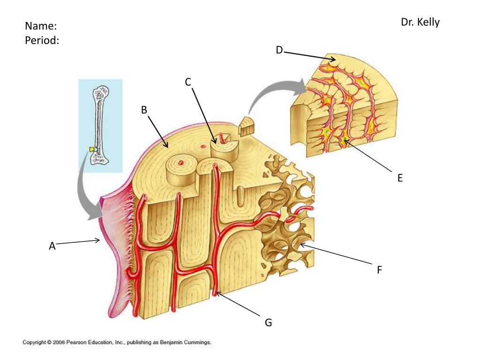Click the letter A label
pos(52,246)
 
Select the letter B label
pos(144,110)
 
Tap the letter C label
pos(188,82)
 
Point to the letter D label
pos(279,50)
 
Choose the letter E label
pos(400,178)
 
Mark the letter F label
pos(380,270)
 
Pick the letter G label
pos(268,322)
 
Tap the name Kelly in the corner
pos(428,22)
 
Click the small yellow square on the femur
pos(93,149)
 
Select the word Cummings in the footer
pos(197,343)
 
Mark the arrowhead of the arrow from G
pos(217,293)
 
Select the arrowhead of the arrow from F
pos(300,244)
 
